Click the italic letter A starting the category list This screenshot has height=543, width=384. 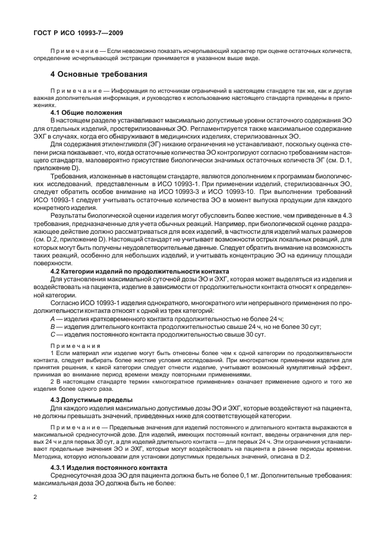[52, 319]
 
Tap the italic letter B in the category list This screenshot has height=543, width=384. [52, 327]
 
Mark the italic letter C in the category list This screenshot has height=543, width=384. [52, 334]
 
